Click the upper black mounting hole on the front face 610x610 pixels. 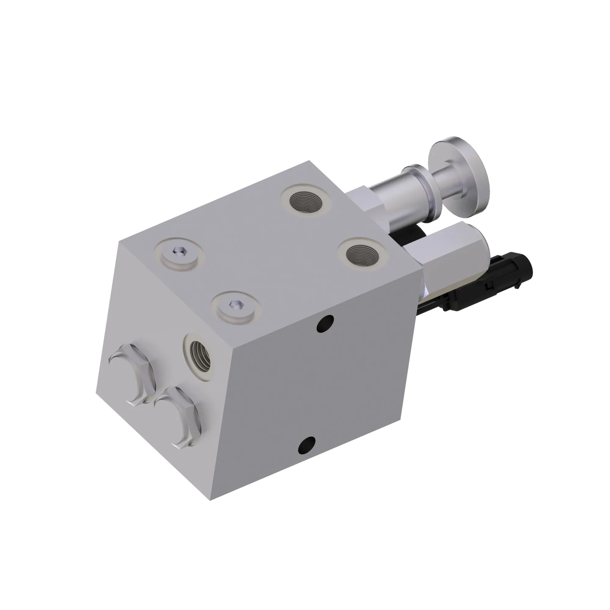point(325,323)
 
